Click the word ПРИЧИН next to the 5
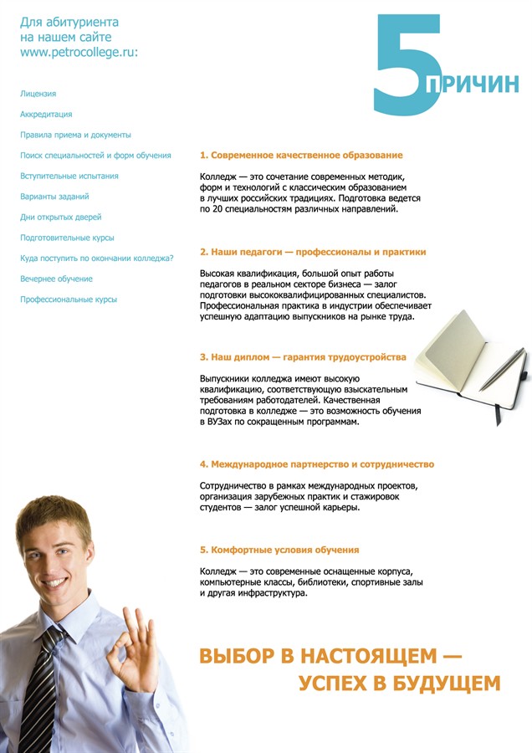473,85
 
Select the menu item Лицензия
38,94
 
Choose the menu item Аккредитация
46,115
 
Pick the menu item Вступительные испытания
69,177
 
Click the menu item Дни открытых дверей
60,218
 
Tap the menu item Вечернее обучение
56,279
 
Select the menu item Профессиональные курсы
69,300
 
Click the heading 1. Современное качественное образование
301,156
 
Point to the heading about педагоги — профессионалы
313,252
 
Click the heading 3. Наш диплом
303,357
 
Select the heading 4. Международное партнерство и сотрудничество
317,464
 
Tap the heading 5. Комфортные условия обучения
279,551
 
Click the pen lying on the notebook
500,369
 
